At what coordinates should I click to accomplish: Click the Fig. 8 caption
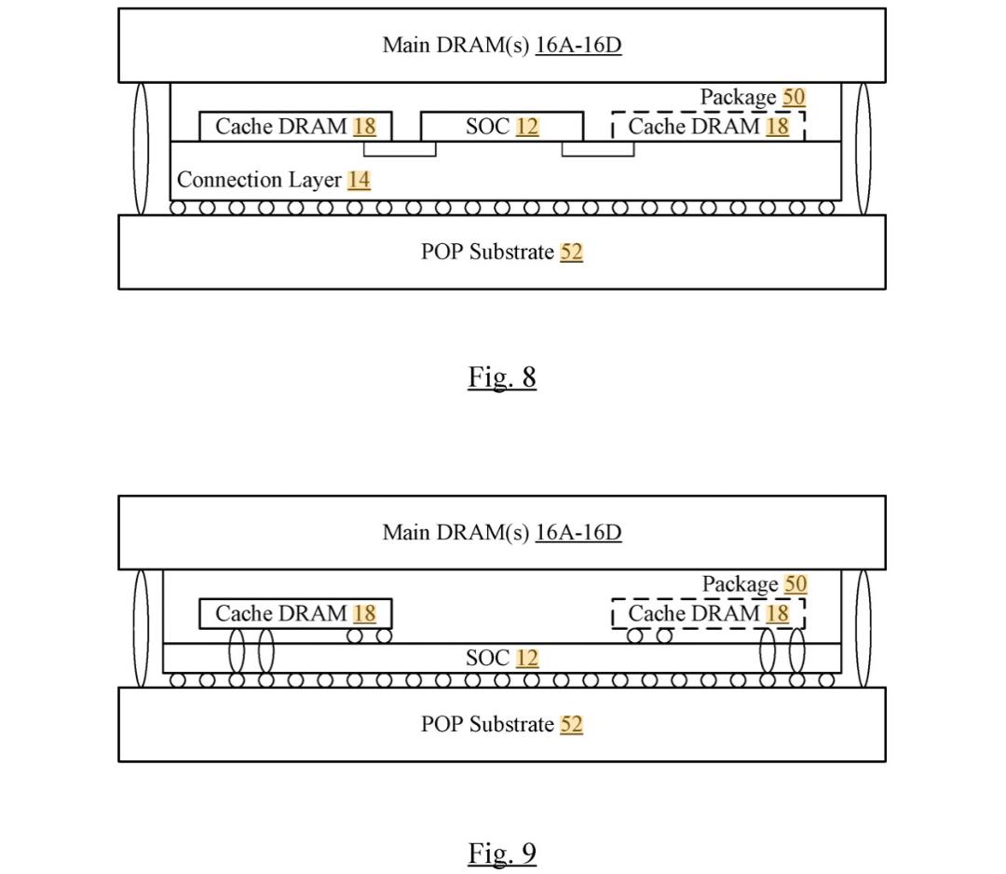point(502,376)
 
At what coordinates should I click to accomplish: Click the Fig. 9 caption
point(502,853)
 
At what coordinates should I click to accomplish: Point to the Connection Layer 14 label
point(273,180)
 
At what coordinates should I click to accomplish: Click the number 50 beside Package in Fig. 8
point(794,97)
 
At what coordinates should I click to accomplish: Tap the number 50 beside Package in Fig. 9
point(795,584)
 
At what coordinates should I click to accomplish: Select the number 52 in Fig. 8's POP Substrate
point(571,252)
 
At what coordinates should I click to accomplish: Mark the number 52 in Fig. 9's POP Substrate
point(571,724)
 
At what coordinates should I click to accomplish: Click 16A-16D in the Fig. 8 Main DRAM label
point(578,45)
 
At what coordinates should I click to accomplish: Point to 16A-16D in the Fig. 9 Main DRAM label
point(578,532)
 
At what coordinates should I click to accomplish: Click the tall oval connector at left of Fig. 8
point(142,149)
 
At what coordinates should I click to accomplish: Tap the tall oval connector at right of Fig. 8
point(863,149)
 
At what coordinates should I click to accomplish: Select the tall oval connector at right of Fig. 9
point(863,629)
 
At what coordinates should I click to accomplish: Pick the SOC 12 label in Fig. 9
point(502,658)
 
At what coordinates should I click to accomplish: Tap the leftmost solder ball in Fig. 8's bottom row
point(178,208)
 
